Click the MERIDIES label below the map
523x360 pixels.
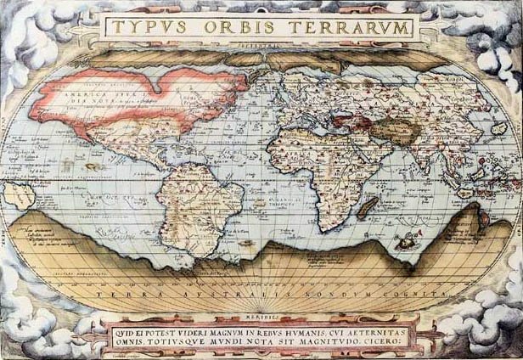pyautogui.click(x=261, y=314)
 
